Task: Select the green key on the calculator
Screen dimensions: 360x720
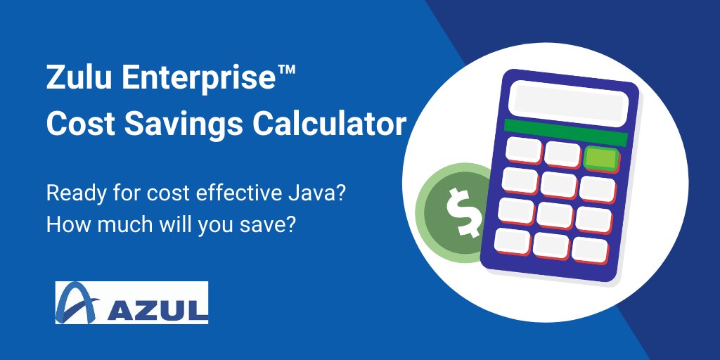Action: tap(601, 158)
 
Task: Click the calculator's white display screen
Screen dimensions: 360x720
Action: tap(568, 101)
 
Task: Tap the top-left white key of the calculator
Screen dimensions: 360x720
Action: tap(525, 148)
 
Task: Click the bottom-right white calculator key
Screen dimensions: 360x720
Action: tap(589, 249)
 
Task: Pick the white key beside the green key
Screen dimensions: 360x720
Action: tap(562, 153)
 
